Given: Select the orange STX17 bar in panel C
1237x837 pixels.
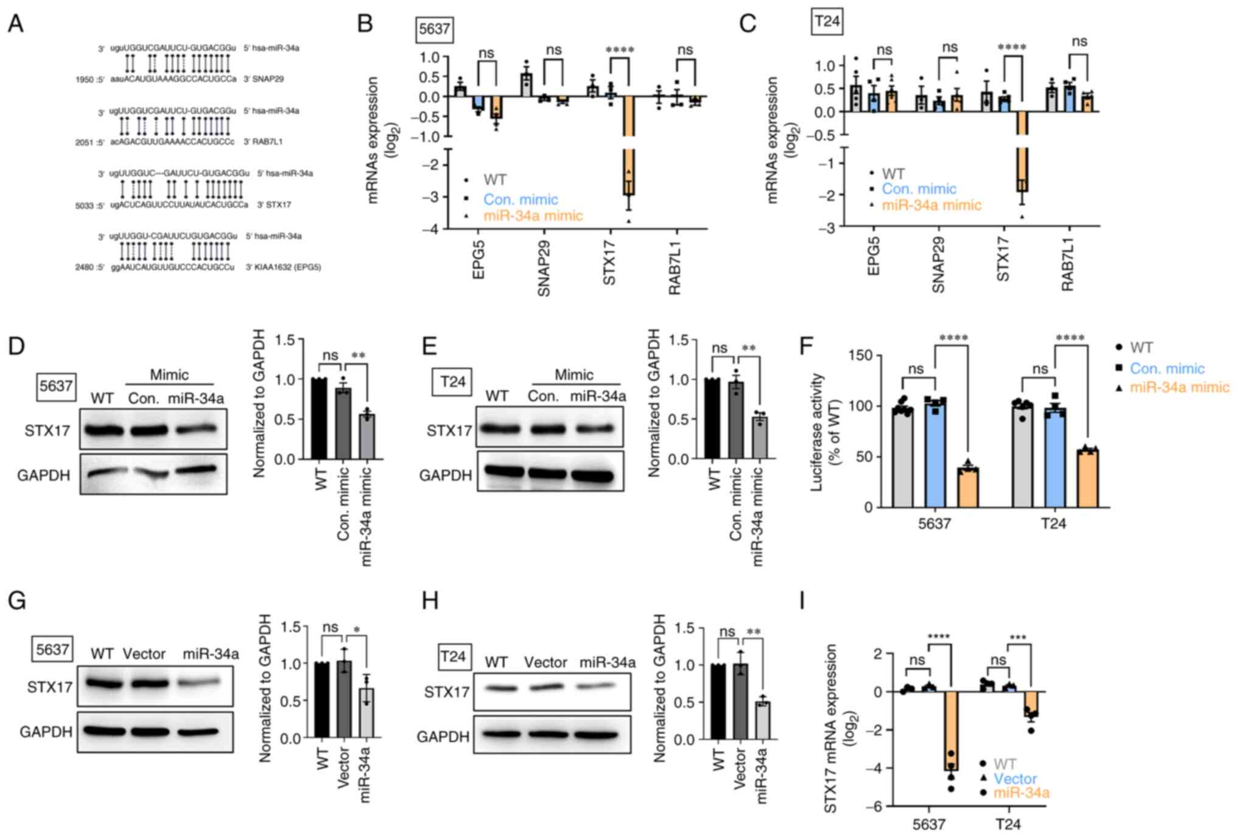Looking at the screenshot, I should click(1022, 152).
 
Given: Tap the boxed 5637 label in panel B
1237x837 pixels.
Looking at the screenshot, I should click(434, 29).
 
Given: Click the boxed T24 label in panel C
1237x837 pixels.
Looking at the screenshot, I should click(827, 22).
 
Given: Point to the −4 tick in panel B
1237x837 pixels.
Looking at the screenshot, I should click(431, 229).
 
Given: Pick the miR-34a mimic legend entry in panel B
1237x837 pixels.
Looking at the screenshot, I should click(533, 215).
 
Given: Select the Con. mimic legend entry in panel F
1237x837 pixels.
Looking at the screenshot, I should click(1166, 368).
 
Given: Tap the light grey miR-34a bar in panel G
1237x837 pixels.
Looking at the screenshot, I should click(366, 712).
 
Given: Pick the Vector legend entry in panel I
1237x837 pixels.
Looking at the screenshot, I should click(1015, 779).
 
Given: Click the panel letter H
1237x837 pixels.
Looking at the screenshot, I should click(430, 601).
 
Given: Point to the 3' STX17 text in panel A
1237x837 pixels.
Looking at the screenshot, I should click(274, 205).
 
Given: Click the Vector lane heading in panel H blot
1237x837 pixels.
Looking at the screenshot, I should click(545, 662).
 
